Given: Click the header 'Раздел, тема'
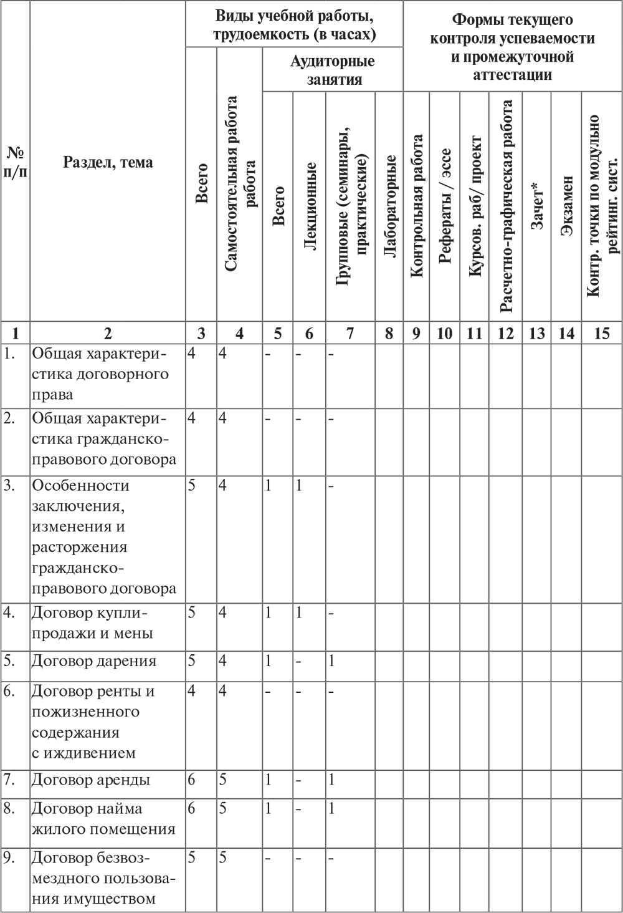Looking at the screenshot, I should (x=108, y=162).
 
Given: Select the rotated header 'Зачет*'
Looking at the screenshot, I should (x=537, y=206).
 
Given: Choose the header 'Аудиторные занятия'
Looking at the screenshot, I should (x=333, y=70).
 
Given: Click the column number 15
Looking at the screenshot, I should (x=601, y=333).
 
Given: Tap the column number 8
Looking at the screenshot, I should (x=389, y=333).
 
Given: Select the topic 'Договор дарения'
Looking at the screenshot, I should (x=94, y=661).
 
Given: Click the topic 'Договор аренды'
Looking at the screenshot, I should (x=91, y=780).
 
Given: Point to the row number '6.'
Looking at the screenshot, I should (x=9, y=692).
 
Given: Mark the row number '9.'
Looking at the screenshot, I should (x=9, y=857).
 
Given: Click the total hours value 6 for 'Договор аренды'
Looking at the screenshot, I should (x=192, y=780).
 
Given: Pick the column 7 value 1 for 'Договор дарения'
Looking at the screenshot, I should (x=332, y=661).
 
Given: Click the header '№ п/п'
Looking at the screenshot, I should (x=16, y=162).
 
